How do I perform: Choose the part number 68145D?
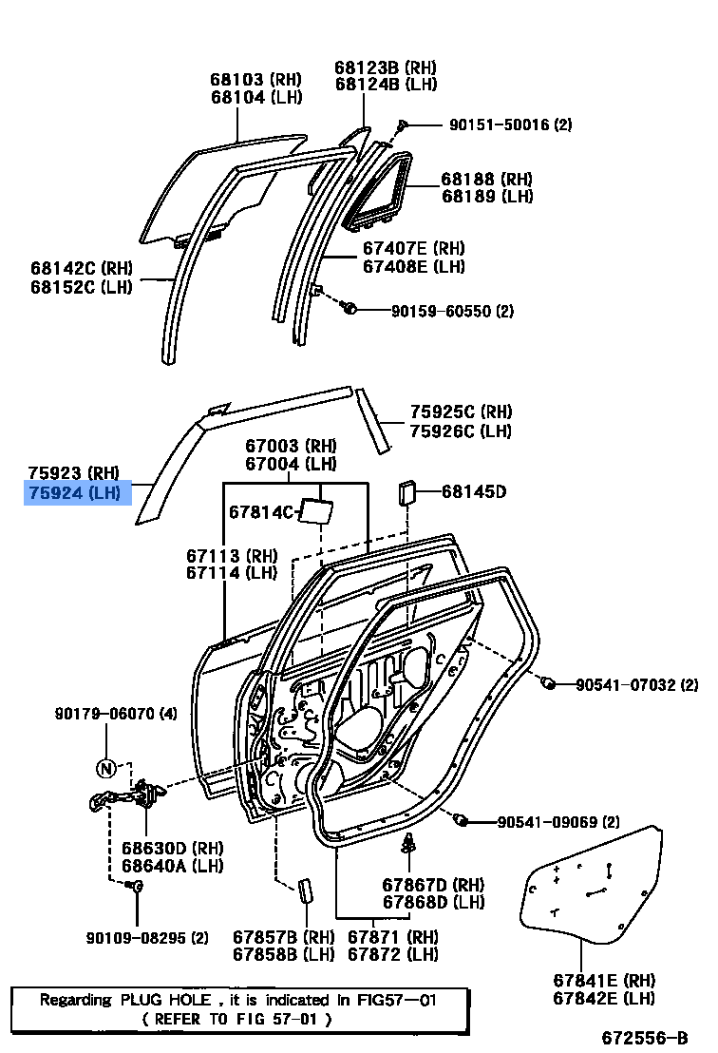click(x=473, y=491)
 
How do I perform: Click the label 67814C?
click(x=262, y=512)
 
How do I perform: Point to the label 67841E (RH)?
click(x=604, y=980)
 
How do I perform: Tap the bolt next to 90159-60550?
click(x=349, y=308)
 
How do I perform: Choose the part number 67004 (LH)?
click(x=291, y=464)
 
